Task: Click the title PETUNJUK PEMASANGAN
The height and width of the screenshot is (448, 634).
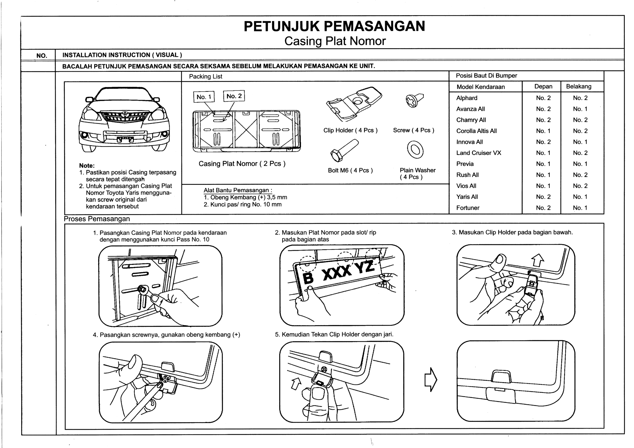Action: pyautogui.click(x=334, y=27)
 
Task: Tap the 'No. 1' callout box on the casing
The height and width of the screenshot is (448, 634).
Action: pyautogui.click(x=204, y=97)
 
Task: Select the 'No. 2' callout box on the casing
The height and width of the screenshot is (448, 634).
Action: pyautogui.click(x=234, y=96)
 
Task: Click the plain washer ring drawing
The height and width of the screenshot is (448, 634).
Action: pyautogui.click(x=415, y=150)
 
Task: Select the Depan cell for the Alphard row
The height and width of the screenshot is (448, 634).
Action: pyautogui.click(x=543, y=98)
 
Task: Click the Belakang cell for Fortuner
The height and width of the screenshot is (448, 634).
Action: pyautogui.click(x=580, y=208)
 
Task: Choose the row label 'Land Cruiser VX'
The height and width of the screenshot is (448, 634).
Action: pyautogui.click(x=478, y=153)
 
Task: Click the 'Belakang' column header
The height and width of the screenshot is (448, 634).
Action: pyautogui.click(x=578, y=86)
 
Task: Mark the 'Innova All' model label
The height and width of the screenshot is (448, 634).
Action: pyautogui.click(x=469, y=142)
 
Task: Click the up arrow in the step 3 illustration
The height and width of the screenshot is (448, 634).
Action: pyautogui.click(x=537, y=260)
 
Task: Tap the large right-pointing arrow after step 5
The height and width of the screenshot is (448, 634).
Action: pyautogui.click(x=430, y=379)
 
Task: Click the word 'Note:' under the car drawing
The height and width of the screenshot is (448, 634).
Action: pyautogui.click(x=87, y=166)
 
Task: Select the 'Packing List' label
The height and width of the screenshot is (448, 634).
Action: pyautogui.click(x=205, y=76)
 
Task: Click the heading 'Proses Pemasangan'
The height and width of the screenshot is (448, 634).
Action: pyautogui.click(x=97, y=219)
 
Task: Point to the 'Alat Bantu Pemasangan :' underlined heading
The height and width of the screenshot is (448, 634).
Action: pyautogui.click(x=238, y=190)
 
